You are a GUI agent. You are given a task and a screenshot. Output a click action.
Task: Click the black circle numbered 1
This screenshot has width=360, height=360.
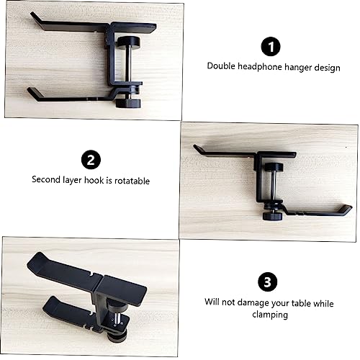pyautogui.click(x=270, y=48)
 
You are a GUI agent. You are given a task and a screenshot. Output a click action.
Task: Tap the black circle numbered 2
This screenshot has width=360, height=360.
pyautogui.click(x=91, y=158)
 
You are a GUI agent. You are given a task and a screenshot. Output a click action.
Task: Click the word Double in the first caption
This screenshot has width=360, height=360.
pyautogui.click(x=220, y=66)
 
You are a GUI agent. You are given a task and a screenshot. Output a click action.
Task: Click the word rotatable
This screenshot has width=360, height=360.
pyautogui.click(x=130, y=181)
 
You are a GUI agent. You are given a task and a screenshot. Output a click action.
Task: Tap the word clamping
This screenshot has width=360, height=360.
pyautogui.click(x=269, y=315)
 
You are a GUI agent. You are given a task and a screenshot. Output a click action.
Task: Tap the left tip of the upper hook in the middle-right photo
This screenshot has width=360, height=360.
pyautogui.click(x=197, y=148)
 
